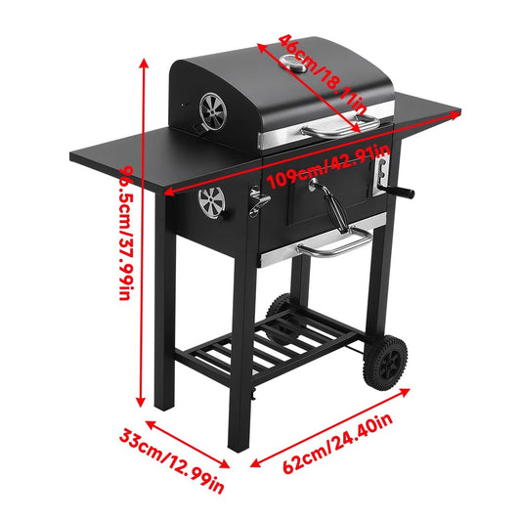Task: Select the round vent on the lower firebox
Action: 210,202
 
